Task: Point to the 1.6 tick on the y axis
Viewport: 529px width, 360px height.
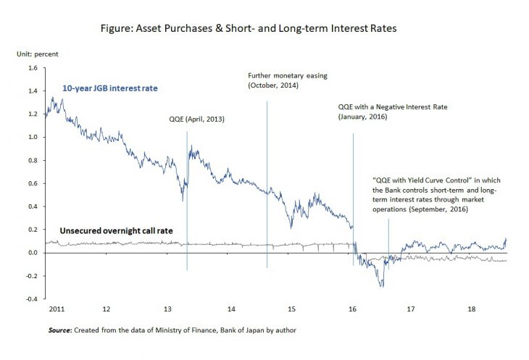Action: tap(32, 68)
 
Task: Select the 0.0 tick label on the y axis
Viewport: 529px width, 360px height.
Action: tap(32, 253)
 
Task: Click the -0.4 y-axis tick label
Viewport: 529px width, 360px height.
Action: tap(30, 299)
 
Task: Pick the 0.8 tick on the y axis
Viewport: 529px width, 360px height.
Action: tap(32, 160)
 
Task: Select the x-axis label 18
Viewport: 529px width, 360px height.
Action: tap(471, 309)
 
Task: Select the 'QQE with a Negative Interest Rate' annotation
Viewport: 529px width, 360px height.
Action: tap(393, 106)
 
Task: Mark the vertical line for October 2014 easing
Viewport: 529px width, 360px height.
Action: tap(267, 181)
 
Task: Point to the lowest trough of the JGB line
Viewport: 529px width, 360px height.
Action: tap(381, 287)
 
